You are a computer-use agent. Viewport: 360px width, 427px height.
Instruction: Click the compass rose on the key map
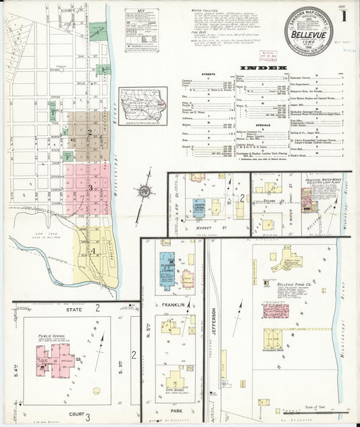tap(143, 191)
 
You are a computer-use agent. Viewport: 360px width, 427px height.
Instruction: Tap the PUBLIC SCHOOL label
tap(51, 336)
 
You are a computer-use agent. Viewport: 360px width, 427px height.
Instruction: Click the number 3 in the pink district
tap(90, 188)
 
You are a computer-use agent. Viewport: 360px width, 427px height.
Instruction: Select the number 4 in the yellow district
tap(93, 251)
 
